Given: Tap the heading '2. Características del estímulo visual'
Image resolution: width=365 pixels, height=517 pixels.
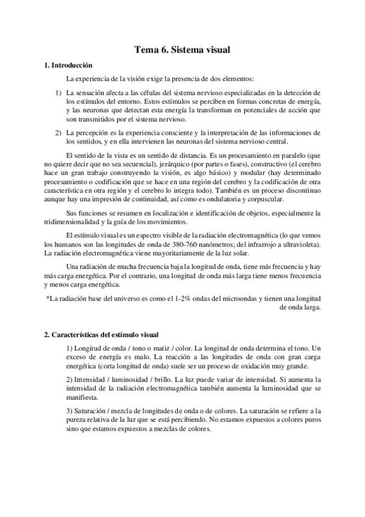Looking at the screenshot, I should coord(101,335).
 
